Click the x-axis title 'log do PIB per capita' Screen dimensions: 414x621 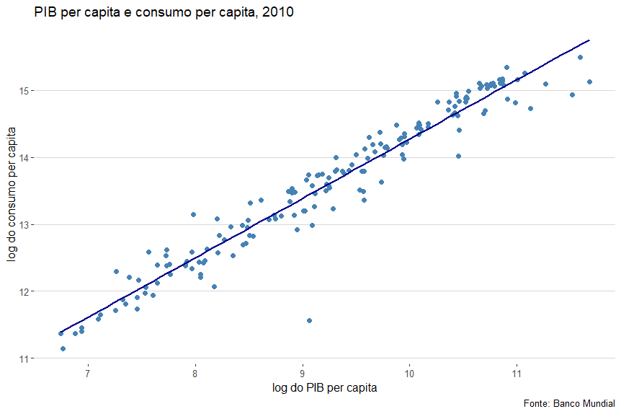click(325, 388)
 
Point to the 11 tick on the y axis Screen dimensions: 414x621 click(24, 358)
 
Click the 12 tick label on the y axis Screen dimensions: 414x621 click(24, 291)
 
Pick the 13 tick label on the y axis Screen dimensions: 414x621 click(24, 224)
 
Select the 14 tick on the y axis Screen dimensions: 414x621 click(24, 157)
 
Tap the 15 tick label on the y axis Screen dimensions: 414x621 click(24, 91)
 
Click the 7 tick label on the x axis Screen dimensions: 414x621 click(88, 374)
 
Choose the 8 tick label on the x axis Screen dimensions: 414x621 click(195, 374)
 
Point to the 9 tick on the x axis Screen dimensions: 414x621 click(303, 374)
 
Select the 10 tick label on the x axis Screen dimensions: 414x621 click(409, 374)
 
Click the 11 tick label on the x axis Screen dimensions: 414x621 click(517, 374)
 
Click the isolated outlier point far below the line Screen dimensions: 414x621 click(309, 320)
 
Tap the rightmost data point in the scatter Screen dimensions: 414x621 click(589, 82)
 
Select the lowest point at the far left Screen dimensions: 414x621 click(63, 348)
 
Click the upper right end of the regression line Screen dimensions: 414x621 click(589, 40)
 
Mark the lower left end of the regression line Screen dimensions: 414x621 click(61, 332)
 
